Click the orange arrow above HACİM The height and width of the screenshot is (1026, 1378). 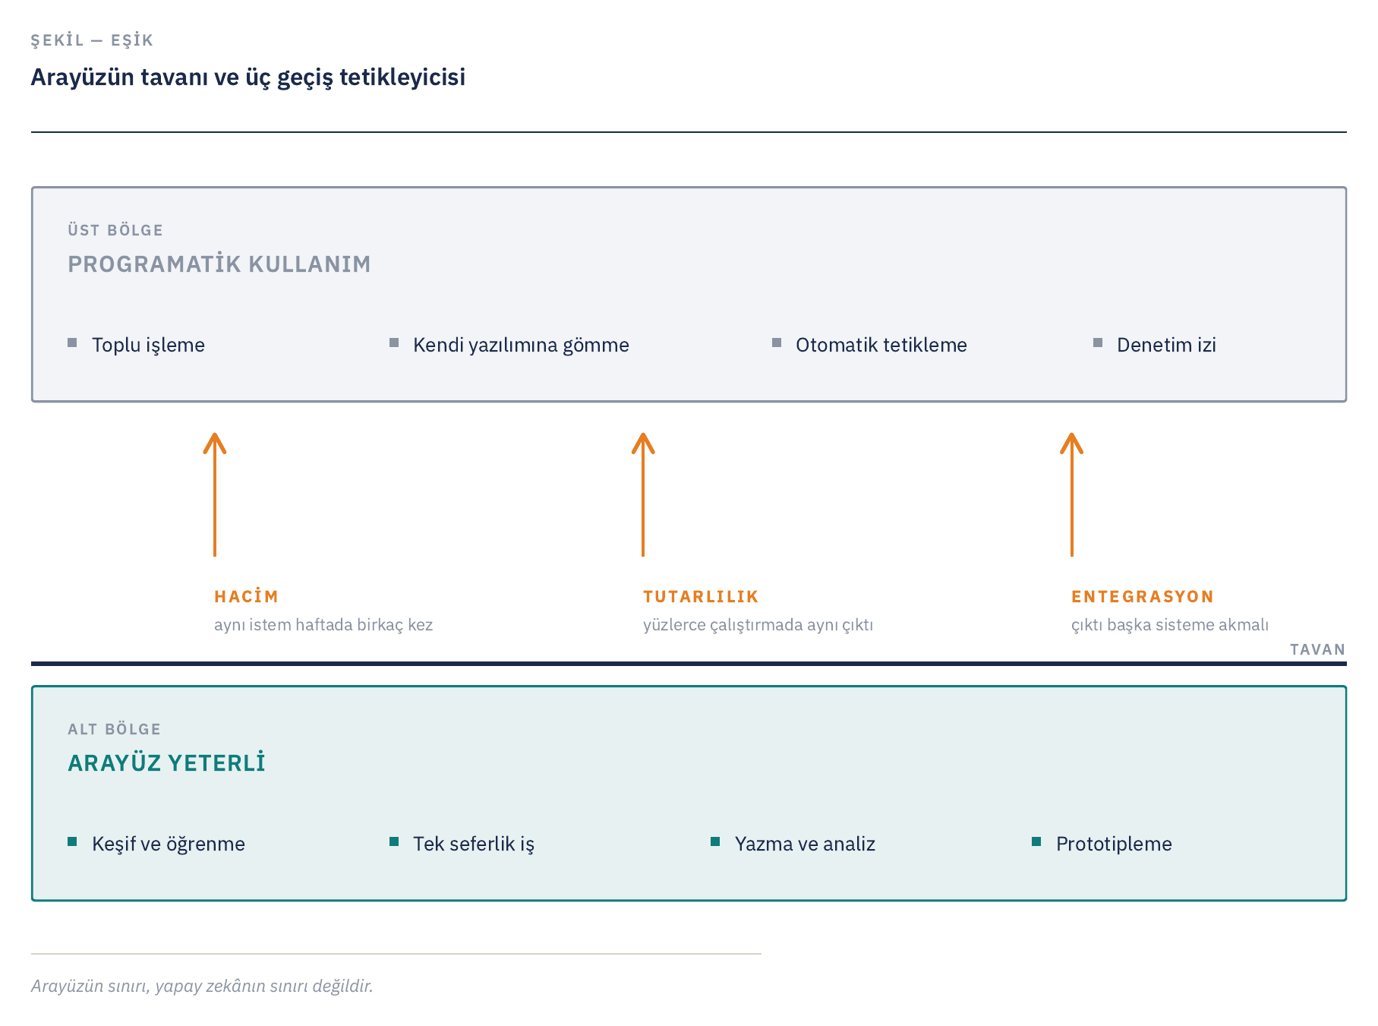pos(215,494)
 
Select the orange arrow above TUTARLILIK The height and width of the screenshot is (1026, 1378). pos(643,494)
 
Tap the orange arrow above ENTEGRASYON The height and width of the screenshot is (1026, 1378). pos(1071,494)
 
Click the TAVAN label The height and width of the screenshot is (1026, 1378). pos(1317,649)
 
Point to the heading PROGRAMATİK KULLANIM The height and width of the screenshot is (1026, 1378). pos(219,264)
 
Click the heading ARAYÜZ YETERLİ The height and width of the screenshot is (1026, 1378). pos(166,762)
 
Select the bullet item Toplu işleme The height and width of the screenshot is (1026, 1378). pos(148,345)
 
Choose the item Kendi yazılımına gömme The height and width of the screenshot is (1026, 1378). pos(521,345)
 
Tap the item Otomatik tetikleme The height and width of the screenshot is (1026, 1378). pos(881,345)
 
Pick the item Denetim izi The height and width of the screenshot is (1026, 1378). pos(1166,345)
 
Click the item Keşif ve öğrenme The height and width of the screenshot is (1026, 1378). pos(169,844)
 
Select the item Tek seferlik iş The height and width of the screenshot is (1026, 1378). pos(474,844)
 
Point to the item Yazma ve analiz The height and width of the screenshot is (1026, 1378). pos(805,844)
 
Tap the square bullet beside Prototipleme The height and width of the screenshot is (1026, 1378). pos(1036,841)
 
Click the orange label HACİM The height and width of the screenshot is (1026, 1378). pos(246,596)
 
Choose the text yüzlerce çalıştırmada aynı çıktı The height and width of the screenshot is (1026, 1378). pos(758,625)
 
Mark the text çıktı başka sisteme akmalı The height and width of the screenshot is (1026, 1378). pos(1170,625)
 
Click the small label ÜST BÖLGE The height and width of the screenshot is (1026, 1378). pos(115,230)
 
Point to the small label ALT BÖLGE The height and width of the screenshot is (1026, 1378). pos(114,729)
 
